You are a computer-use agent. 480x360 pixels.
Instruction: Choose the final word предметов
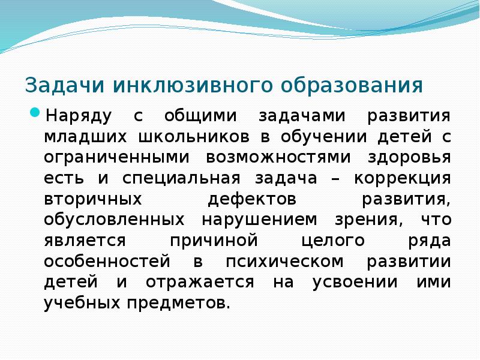[x=179, y=304]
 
